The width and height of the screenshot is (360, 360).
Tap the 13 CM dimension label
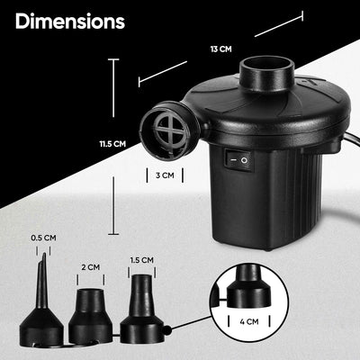pyautogui.click(x=220, y=49)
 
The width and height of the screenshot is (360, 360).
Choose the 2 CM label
pyautogui.click(x=90, y=267)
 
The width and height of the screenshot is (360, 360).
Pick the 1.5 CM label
pyautogui.click(x=141, y=260)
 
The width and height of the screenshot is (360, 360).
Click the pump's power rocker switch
pyautogui.click(x=239, y=162)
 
